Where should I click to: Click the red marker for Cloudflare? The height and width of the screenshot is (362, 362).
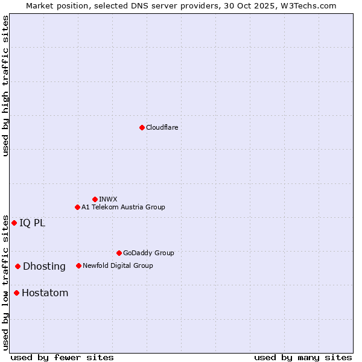(x=142, y=127)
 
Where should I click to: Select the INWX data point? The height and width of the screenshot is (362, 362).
(x=95, y=199)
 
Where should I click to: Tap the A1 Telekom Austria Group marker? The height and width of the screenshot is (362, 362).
(x=77, y=207)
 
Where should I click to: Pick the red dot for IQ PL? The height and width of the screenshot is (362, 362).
(x=14, y=223)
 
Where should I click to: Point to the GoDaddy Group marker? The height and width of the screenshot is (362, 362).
(x=119, y=253)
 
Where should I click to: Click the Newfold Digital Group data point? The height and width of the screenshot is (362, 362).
(x=78, y=265)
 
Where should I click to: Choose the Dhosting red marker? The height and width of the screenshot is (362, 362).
(x=18, y=266)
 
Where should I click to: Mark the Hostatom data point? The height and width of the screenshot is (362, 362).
(x=16, y=293)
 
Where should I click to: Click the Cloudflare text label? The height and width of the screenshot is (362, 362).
(x=162, y=127)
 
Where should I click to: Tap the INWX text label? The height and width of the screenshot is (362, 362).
(x=108, y=199)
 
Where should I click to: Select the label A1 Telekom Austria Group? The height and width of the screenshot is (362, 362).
(x=123, y=207)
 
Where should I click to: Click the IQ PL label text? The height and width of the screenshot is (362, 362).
(x=32, y=223)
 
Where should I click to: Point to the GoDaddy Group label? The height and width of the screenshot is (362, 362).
(x=148, y=253)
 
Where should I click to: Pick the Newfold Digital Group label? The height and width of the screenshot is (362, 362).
(x=118, y=265)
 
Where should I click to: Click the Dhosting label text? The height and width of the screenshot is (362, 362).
(x=44, y=266)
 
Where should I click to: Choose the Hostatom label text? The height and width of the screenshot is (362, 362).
(x=45, y=293)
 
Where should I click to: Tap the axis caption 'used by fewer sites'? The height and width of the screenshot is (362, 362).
(x=62, y=357)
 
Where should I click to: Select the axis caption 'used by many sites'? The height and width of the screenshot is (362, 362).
(x=303, y=357)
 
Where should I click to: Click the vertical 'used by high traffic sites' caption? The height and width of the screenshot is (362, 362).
(x=5, y=86)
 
